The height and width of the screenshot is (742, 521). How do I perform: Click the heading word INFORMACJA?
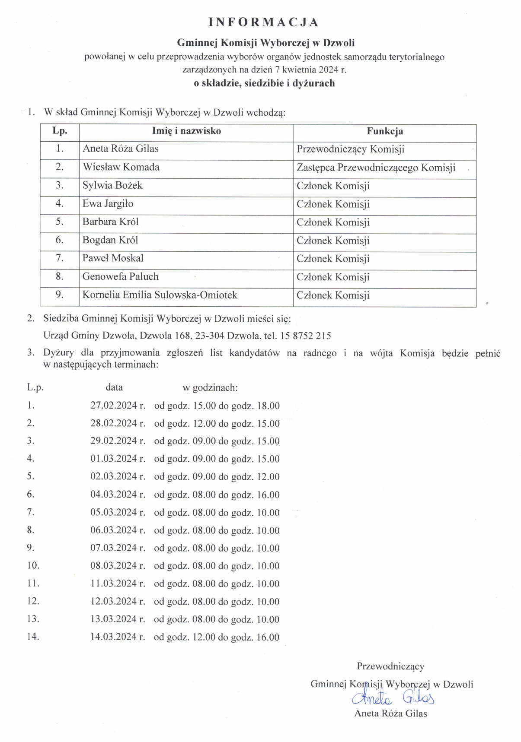click(x=263, y=22)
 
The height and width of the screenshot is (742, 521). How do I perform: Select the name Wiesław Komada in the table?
click(x=121, y=167)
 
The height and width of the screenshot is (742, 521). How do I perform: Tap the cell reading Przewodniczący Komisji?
click(x=350, y=149)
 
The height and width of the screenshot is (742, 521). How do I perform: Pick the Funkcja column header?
click(x=384, y=131)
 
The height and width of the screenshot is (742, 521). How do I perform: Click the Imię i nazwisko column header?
click(x=186, y=131)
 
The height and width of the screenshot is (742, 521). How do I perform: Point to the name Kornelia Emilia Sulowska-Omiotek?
click(x=160, y=295)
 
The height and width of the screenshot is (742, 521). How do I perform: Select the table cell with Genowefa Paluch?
click(x=121, y=276)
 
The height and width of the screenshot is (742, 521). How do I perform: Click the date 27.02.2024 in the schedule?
click(x=114, y=406)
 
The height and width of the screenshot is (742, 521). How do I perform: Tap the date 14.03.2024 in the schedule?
click(x=114, y=637)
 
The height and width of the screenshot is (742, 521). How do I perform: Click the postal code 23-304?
click(x=210, y=336)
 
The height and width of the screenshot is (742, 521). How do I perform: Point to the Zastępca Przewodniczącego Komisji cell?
click(x=376, y=168)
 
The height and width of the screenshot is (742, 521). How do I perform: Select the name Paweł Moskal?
click(x=113, y=258)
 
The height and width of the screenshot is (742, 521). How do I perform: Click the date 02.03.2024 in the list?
click(x=114, y=477)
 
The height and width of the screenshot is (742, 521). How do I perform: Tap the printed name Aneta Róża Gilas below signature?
click(x=390, y=713)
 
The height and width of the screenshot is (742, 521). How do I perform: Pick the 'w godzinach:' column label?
click(x=210, y=387)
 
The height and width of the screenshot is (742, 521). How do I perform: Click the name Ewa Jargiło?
click(x=108, y=204)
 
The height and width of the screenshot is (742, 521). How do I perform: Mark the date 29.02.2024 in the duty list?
click(x=114, y=441)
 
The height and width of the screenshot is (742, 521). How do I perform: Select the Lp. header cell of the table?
click(x=60, y=131)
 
